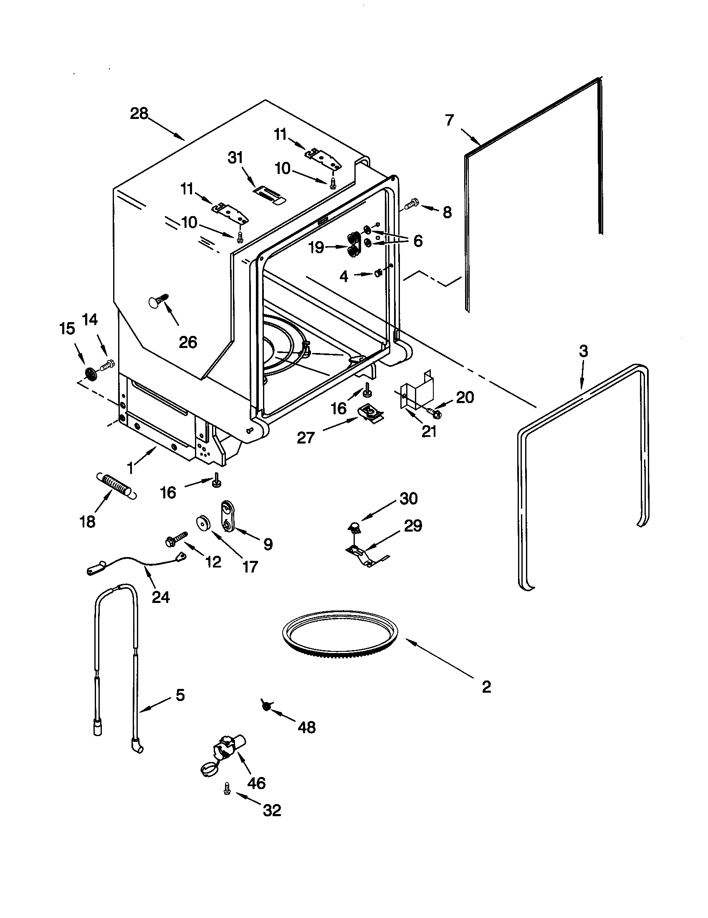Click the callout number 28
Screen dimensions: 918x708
pos(139,113)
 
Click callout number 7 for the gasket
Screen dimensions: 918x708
pos(450,120)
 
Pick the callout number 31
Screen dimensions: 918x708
pos(235,158)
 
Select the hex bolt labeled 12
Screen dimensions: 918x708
pos(177,538)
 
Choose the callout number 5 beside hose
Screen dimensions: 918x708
pos(180,696)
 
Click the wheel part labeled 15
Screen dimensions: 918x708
pos(90,373)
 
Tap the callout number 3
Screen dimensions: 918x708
pos(583,351)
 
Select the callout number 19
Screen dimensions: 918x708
pos(316,247)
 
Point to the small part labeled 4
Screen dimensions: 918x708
pos(377,274)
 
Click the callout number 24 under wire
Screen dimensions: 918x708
pos(161,597)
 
